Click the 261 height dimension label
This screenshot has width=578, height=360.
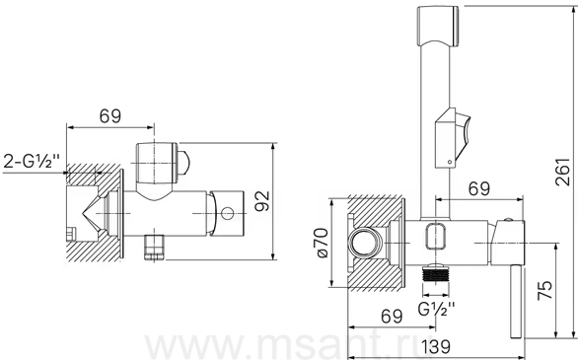562,172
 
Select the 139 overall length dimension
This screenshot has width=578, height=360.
436,346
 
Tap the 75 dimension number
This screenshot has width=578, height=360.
545,290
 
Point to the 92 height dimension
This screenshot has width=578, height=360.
262,201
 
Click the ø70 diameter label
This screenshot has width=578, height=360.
322,243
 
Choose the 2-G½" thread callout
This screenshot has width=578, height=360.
32,161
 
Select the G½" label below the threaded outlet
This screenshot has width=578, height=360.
436,309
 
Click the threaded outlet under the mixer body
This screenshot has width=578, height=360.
436,274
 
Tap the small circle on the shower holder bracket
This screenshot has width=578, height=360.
450,162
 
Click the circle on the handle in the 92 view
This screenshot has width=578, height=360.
228,213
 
